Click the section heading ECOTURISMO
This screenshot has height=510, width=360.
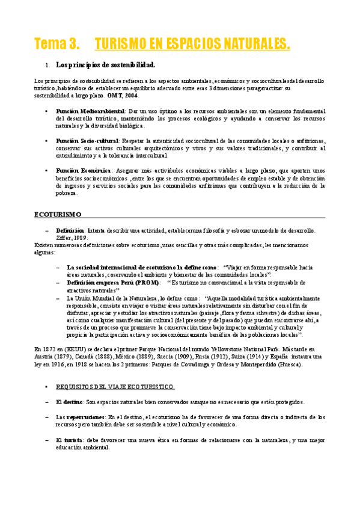tap(58, 214)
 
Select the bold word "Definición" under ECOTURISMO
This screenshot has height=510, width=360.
tap(70, 230)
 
